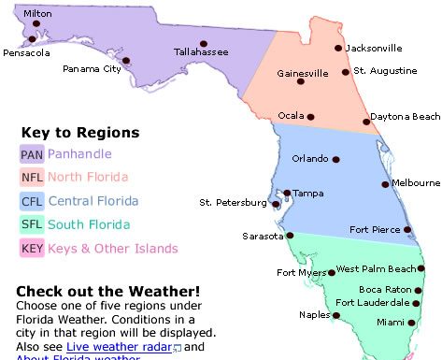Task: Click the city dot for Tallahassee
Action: point(202,42)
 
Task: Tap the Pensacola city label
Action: point(26,53)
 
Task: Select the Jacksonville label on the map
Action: point(374,48)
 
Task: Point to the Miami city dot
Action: point(409,323)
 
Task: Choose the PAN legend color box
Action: point(31,153)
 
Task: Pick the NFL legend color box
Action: point(31,177)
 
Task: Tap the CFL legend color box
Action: point(31,201)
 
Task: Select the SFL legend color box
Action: point(31,224)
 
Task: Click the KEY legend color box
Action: point(31,249)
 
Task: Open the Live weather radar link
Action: point(117,346)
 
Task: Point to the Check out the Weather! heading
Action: point(107,291)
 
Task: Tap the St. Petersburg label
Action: point(231,202)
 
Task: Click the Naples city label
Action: point(316,315)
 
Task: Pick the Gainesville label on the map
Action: point(304,73)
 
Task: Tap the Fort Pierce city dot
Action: point(407,229)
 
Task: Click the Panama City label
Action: point(92,68)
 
